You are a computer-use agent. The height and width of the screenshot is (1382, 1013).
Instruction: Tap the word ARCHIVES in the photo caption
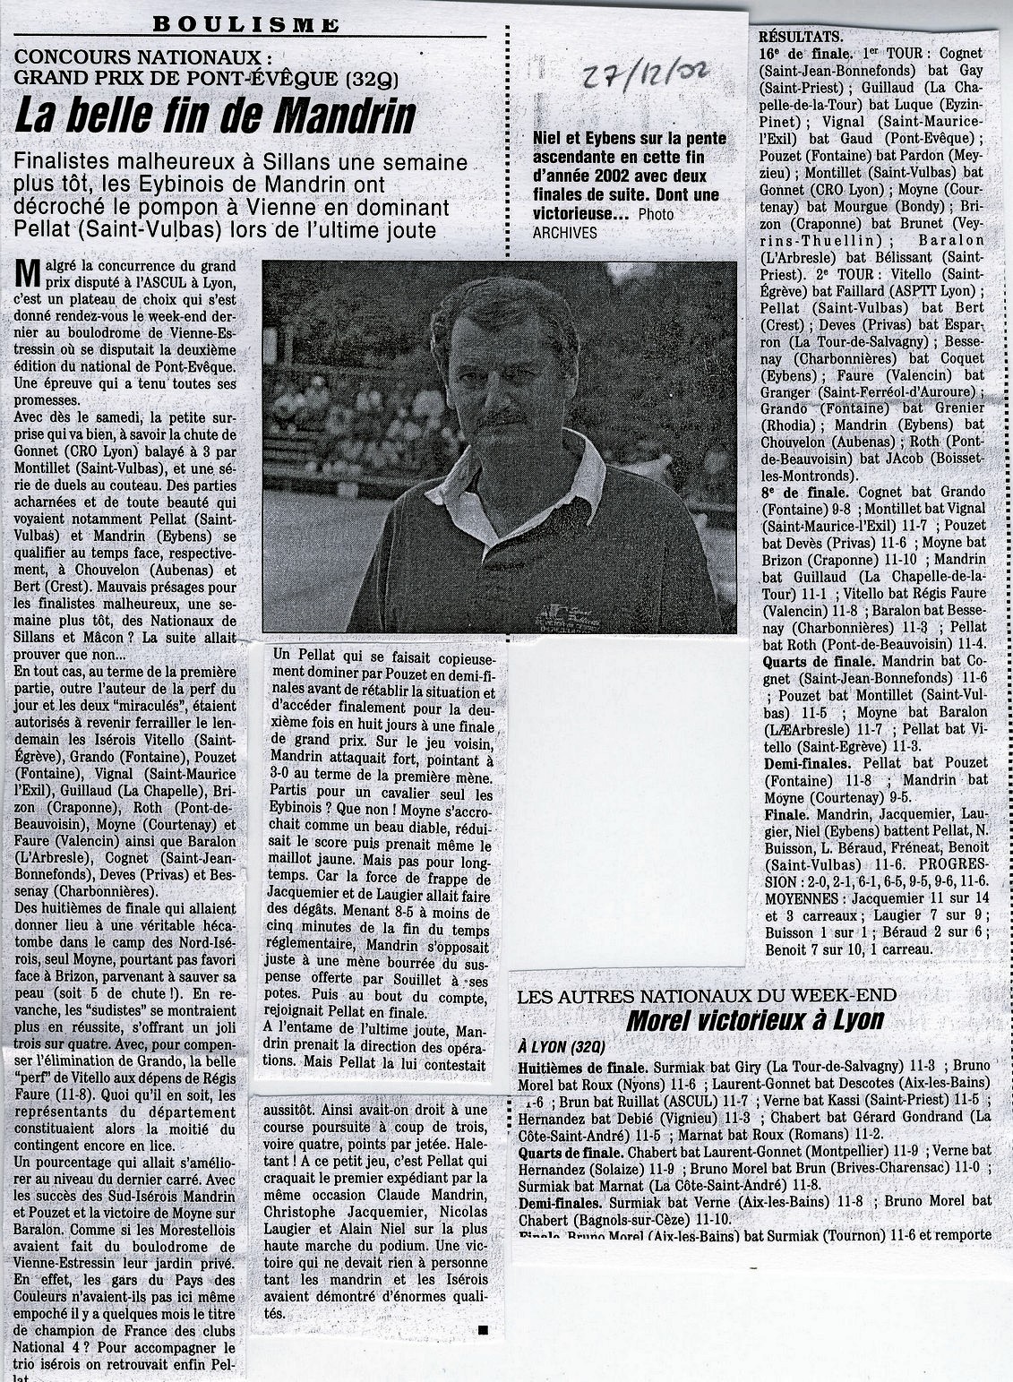[x=564, y=232]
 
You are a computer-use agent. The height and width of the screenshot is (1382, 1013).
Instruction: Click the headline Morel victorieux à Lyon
[x=754, y=1018]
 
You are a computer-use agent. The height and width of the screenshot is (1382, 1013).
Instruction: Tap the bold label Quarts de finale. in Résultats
[x=818, y=662]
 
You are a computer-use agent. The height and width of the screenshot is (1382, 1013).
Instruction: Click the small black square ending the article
[x=483, y=1329]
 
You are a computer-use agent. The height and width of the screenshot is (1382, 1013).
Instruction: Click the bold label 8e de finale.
[x=803, y=492]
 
